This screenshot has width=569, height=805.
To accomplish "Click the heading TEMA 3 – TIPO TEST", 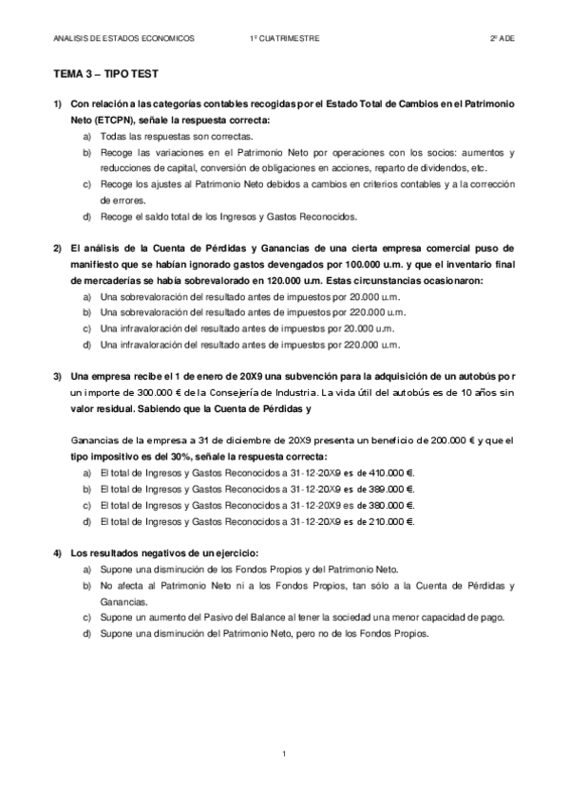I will [98, 73].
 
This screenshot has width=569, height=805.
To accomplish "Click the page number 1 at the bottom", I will [284, 753].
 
